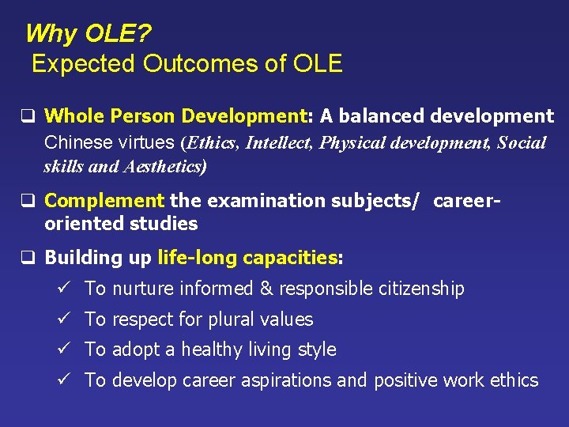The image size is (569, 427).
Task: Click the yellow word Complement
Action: click(x=105, y=201)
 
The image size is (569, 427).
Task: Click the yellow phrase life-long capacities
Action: click(x=247, y=257)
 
